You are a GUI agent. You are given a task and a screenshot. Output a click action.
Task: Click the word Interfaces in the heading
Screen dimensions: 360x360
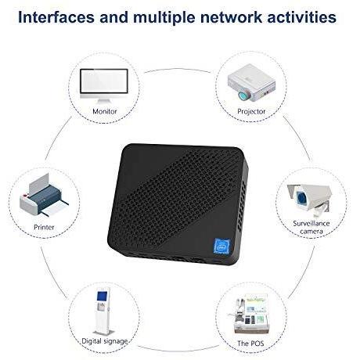[56, 17]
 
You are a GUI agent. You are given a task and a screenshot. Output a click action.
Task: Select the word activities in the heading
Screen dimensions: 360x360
[302, 17]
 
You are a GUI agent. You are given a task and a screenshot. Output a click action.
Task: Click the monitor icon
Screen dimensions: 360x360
[104, 86]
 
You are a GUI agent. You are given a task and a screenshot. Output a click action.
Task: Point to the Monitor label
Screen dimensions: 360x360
[105, 111]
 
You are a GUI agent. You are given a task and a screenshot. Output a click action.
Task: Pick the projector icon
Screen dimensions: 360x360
[251, 83]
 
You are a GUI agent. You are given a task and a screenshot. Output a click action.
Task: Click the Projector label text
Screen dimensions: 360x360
[251, 112]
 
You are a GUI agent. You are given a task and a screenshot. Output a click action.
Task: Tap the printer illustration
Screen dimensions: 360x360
[44, 195]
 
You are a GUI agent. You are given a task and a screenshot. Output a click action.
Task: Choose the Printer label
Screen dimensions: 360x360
[44, 227]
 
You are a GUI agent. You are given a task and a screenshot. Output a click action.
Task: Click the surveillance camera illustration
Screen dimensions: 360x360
[309, 200]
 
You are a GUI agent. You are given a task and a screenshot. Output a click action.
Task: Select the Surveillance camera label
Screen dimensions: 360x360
[311, 227]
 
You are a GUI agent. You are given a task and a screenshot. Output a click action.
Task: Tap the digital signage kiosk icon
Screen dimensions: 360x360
[104, 311]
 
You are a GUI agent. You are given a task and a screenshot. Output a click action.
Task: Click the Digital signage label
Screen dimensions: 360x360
[105, 341]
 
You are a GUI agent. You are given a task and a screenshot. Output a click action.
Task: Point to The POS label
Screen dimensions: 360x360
[250, 344]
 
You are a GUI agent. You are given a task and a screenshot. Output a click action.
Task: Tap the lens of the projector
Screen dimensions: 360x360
[244, 95]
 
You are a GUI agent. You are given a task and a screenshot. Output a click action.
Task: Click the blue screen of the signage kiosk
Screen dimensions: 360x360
[102, 297]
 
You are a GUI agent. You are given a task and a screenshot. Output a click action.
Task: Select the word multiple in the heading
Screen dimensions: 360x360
[164, 17]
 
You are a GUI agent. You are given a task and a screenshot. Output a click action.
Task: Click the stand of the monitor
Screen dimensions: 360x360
[104, 100]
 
